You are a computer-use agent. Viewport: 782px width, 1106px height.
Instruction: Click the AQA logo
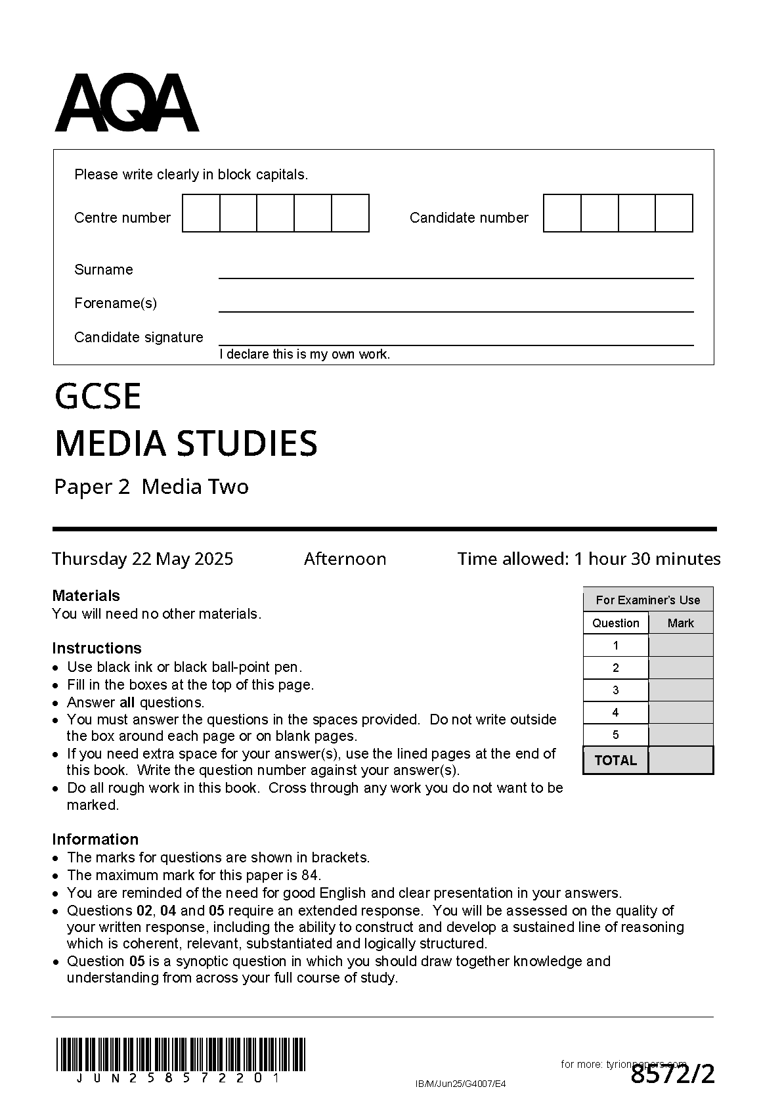click(x=127, y=103)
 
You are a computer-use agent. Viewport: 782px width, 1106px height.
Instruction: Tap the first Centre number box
click(x=201, y=213)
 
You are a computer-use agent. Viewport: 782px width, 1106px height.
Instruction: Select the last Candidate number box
click(x=674, y=213)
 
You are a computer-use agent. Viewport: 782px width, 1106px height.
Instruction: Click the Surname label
click(x=103, y=270)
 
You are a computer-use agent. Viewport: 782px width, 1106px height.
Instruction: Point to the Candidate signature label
click(x=139, y=338)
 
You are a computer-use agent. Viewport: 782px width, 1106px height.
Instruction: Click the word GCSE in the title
click(x=98, y=396)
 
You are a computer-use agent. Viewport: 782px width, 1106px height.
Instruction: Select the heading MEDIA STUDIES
click(x=186, y=443)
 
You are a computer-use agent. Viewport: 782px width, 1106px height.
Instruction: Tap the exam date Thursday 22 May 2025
click(x=142, y=559)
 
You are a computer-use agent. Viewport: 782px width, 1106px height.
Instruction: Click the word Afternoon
click(x=345, y=559)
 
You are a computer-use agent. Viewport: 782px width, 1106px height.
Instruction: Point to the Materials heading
click(x=86, y=596)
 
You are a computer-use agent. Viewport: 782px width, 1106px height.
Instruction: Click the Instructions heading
click(x=97, y=648)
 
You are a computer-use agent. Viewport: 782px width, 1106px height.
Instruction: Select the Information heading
click(x=95, y=839)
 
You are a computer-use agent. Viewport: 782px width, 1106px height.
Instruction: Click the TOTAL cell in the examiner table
click(x=615, y=761)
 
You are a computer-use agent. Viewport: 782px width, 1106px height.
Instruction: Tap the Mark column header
click(x=680, y=623)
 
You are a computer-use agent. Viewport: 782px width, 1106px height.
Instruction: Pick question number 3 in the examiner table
click(x=615, y=690)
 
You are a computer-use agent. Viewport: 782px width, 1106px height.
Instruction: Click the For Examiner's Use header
click(x=647, y=600)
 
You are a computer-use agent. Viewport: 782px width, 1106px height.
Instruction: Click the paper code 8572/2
click(x=672, y=1075)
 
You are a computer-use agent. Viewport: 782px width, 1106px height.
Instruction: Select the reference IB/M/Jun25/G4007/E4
click(x=461, y=1084)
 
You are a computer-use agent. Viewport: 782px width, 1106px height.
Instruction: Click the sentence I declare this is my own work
click(x=305, y=355)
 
